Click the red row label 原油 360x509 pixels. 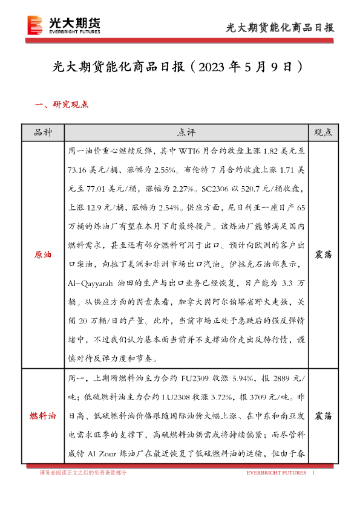coord(42,255)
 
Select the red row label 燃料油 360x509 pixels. coord(42,416)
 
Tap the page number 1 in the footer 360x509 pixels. coord(313,473)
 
